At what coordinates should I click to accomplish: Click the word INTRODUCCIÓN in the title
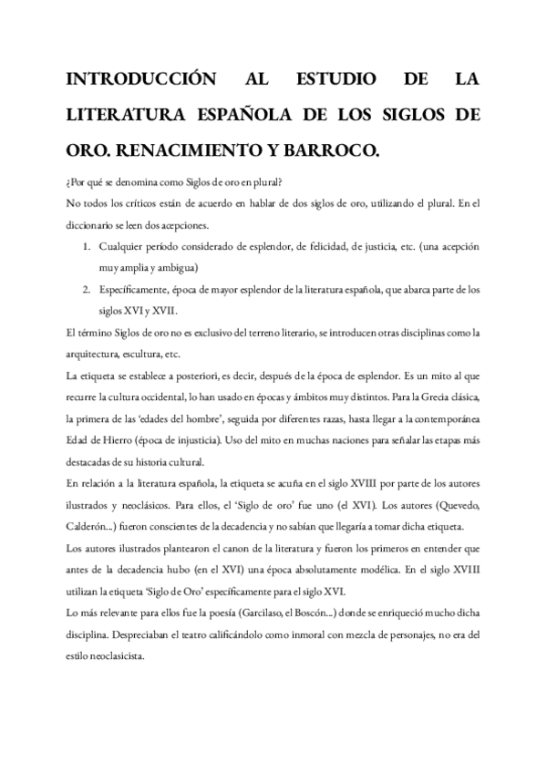(140, 82)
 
